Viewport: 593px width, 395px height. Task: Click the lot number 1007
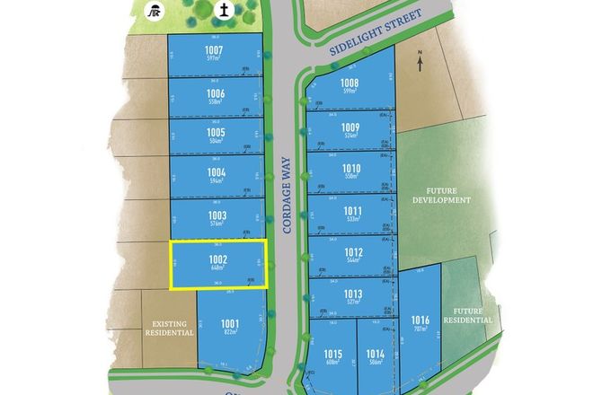[214, 49]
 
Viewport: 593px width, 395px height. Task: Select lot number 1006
[215, 93]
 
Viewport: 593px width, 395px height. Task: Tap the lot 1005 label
[215, 132]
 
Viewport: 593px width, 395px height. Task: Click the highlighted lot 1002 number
[217, 259]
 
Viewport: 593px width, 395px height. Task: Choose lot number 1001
[230, 323]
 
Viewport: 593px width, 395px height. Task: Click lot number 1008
[350, 83]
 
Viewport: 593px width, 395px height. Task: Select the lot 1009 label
[350, 127]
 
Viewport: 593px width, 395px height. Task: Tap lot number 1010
[351, 168]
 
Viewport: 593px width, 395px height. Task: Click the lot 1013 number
[352, 294]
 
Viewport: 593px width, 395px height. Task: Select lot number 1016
[420, 320]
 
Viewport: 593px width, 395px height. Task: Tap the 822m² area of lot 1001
[230, 332]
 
